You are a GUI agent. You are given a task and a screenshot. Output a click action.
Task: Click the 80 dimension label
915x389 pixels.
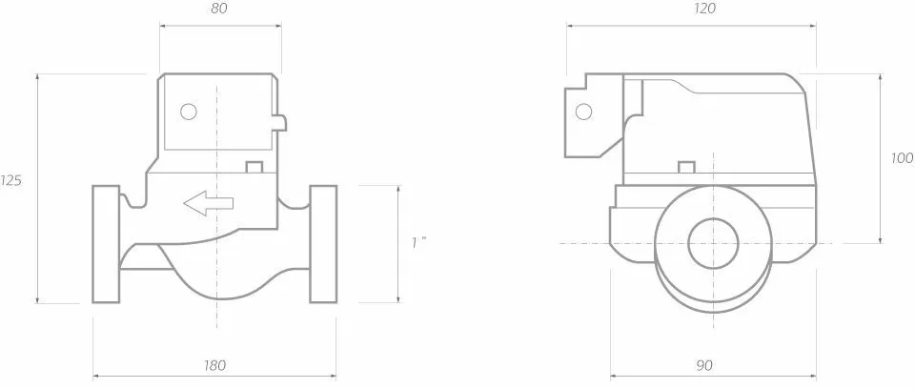[x=219, y=9]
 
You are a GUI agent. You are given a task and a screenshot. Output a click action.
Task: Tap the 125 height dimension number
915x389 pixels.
[x=10, y=181]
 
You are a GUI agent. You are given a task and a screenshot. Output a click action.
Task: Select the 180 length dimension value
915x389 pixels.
[x=215, y=366]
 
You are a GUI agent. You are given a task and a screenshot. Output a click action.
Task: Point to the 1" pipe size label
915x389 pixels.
[x=419, y=242]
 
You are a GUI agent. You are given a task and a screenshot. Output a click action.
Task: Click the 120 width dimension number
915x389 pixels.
[x=705, y=9]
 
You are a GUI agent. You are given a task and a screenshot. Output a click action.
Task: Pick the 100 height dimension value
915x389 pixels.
[x=903, y=158]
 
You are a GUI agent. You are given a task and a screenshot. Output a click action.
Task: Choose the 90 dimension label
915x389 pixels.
[x=704, y=366]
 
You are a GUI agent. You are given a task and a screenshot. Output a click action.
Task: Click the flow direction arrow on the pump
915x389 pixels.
[x=209, y=203]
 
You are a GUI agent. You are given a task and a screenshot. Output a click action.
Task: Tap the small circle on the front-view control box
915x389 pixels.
[x=189, y=111]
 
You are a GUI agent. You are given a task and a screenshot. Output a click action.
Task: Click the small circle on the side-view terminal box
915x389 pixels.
[x=583, y=111]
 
